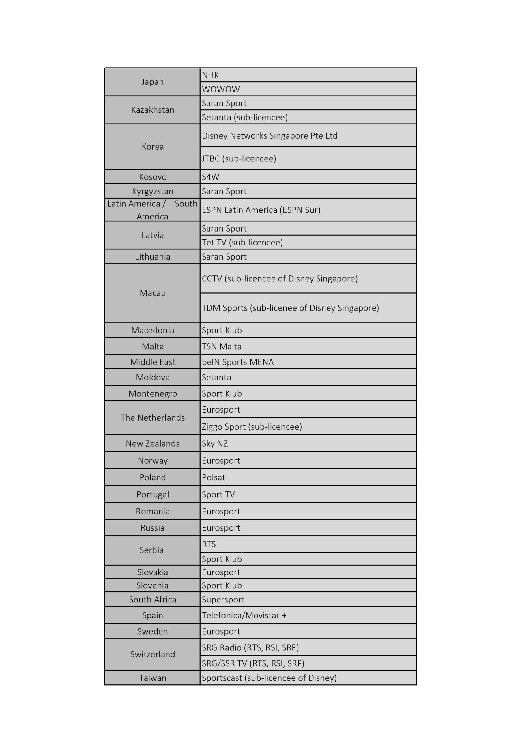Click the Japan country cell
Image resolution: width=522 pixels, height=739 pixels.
coord(152,82)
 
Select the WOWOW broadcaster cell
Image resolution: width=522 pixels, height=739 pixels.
coord(221,89)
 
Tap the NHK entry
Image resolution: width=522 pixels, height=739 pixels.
coord(210,75)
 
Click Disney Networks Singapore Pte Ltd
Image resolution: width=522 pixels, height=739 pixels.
coord(269,135)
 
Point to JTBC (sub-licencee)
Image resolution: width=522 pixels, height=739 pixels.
coord(239,158)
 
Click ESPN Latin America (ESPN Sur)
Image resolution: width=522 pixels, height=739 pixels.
coord(261,210)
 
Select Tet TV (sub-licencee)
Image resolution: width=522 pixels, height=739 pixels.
coord(242,242)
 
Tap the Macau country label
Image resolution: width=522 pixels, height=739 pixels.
coord(153,293)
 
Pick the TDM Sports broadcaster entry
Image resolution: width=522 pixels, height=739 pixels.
coord(290,308)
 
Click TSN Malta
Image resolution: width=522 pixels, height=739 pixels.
coord(221,346)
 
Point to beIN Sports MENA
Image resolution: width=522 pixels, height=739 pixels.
coord(237,362)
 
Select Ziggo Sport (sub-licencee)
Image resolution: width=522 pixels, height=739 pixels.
coord(252,426)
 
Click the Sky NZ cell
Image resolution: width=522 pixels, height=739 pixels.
coord(215,443)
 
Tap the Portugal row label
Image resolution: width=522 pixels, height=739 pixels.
coord(153,494)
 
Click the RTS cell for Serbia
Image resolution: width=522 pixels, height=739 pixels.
coord(209,544)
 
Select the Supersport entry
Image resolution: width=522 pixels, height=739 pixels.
coord(223,599)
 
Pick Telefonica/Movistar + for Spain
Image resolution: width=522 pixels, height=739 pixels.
coord(244,615)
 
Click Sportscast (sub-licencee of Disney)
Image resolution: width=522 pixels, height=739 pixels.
coord(269,678)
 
